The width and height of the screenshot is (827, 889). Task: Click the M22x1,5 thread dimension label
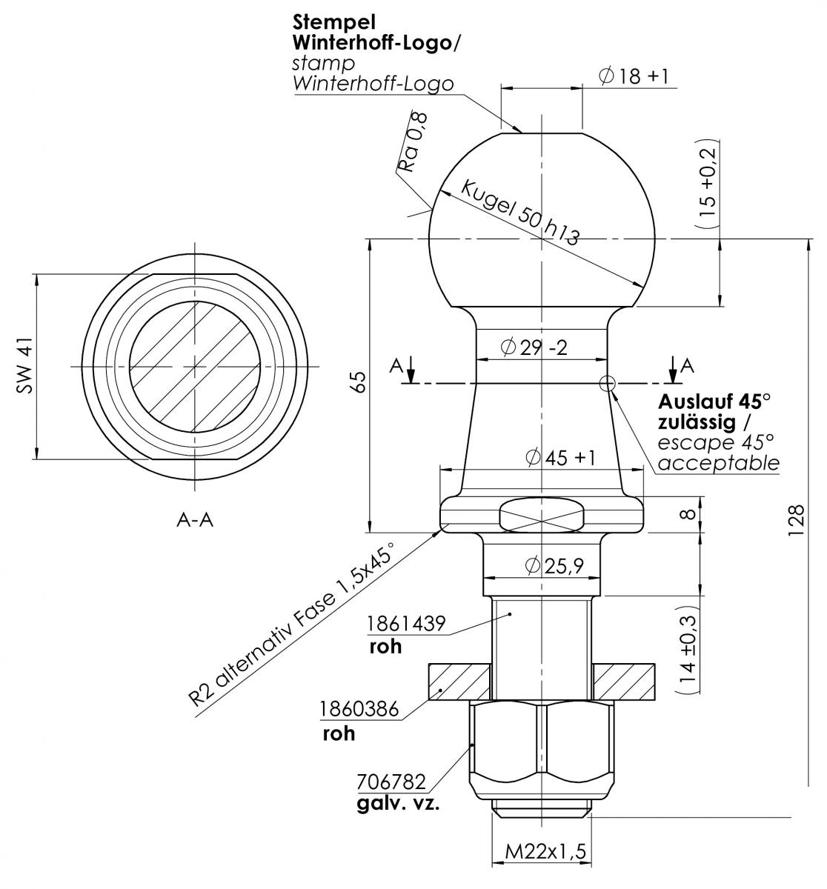pyautogui.click(x=545, y=851)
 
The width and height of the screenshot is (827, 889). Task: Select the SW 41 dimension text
pyautogui.click(x=25, y=366)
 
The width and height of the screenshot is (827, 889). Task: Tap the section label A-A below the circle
pyautogui.click(x=195, y=520)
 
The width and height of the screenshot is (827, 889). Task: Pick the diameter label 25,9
pyautogui.click(x=554, y=566)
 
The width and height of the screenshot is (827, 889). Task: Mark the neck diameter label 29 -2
pyautogui.click(x=534, y=347)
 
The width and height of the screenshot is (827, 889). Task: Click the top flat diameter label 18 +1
pyautogui.click(x=633, y=76)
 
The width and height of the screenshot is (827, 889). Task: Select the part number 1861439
pyautogui.click(x=406, y=624)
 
